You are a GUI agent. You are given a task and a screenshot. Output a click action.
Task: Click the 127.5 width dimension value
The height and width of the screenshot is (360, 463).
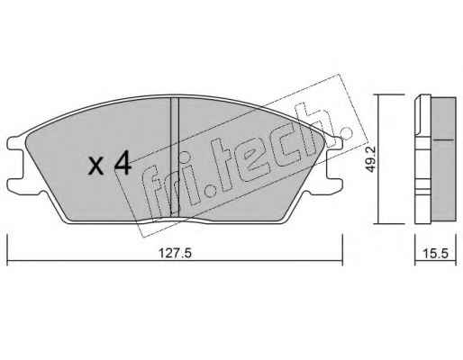(175, 254)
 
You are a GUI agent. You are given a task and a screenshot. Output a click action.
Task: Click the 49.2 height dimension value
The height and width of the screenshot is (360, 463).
(371, 159)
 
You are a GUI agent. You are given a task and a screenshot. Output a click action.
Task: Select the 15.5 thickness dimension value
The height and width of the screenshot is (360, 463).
(436, 254)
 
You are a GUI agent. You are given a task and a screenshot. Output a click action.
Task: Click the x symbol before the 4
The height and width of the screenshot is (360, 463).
(96, 166)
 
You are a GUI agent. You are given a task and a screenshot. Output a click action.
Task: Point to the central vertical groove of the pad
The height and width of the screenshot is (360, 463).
(175, 157)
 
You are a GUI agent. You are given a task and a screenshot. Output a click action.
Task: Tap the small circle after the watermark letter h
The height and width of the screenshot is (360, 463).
(345, 133)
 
